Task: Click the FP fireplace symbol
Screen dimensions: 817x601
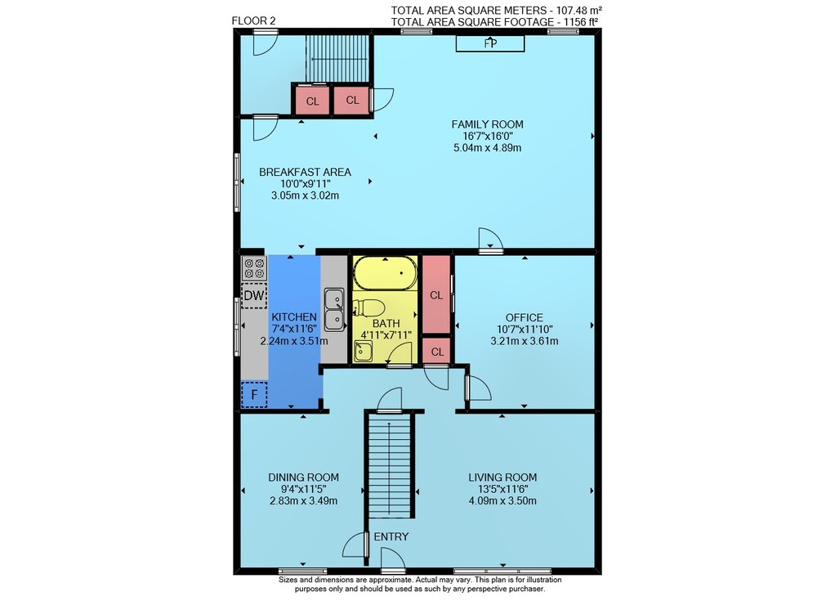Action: (x=489, y=43)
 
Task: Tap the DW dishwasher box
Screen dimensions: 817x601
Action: (x=254, y=295)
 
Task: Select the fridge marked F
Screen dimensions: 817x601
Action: (x=254, y=394)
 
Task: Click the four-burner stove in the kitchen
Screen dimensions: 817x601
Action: (x=254, y=268)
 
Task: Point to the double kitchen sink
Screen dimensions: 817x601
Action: (x=334, y=309)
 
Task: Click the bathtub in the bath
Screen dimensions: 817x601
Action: (x=386, y=273)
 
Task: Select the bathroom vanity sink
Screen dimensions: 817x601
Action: (x=364, y=351)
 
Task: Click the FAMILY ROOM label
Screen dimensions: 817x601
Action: (x=487, y=124)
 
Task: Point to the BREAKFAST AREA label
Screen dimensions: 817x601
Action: (x=305, y=172)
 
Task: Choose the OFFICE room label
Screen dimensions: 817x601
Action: (x=525, y=317)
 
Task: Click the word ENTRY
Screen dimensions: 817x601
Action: (x=391, y=536)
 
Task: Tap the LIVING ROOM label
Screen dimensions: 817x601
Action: (x=502, y=477)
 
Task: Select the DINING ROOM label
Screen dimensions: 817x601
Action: (x=303, y=477)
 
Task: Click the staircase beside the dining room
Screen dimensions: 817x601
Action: (x=391, y=464)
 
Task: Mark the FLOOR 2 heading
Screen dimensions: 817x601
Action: (x=253, y=21)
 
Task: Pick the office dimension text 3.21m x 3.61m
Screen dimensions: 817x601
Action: (x=525, y=341)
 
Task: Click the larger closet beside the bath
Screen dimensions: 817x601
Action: (x=436, y=294)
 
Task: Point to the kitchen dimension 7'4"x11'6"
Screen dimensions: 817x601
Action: (x=294, y=329)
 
